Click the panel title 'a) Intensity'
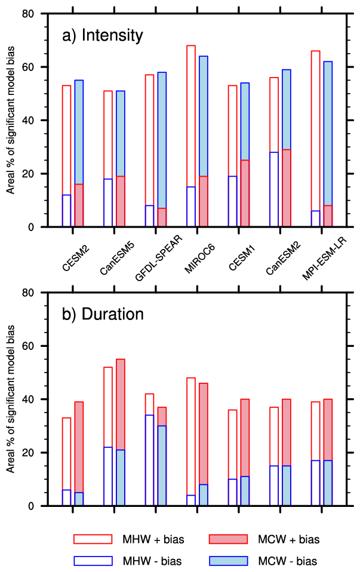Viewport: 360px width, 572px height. point(103,36)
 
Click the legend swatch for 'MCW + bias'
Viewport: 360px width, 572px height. point(229,540)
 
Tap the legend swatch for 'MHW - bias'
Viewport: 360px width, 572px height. point(93,561)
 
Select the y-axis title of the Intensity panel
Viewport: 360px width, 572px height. point(11,120)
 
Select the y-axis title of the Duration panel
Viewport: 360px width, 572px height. point(11,399)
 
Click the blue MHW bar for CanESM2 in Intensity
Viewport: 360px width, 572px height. point(274,190)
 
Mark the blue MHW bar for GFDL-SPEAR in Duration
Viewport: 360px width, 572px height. point(149,460)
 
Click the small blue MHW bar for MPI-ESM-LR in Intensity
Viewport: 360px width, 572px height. point(315,219)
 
